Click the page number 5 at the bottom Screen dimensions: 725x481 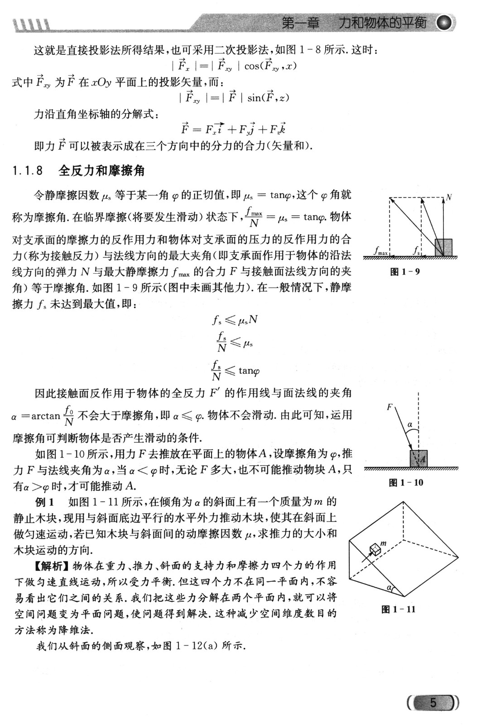click(433, 703)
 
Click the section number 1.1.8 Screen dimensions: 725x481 click(28, 171)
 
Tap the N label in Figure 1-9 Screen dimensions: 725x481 click(449, 197)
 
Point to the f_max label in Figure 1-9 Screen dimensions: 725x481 click(381, 250)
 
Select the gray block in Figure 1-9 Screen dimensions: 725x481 click(443, 247)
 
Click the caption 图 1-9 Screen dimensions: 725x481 click(405, 272)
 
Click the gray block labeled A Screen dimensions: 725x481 click(418, 458)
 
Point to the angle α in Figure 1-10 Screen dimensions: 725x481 click(410, 425)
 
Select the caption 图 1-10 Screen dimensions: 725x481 click(406, 483)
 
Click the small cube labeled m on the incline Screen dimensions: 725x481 click(375, 549)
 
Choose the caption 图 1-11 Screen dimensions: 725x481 click(399, 609)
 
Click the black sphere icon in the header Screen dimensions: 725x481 click(446, 23)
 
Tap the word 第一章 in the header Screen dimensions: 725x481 click(300, 23)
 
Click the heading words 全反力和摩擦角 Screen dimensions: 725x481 click(101, 171)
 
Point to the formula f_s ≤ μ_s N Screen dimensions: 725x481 click(235, 320)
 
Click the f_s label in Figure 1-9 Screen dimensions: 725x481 click(416, 250)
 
